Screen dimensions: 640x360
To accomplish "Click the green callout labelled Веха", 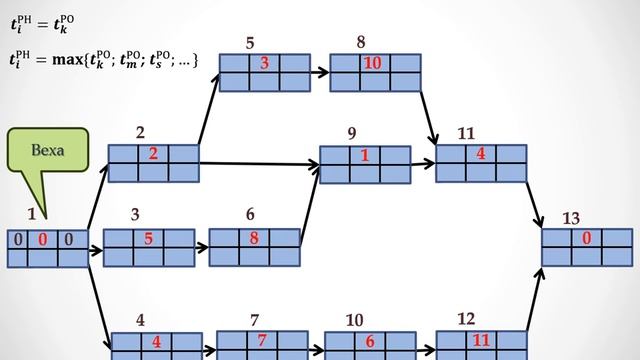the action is (x=48, y=150).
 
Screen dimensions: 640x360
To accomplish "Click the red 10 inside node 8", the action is (x=372, y=63).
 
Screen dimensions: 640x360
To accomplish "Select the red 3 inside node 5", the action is (x=264, y=63).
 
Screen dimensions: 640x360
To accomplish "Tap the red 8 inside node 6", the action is (x=254, y=238).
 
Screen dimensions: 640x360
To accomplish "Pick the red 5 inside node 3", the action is (x=149, y=238).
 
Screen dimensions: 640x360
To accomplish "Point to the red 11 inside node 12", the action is (x=481, y=340).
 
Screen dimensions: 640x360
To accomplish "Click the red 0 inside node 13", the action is (x=587, y=238).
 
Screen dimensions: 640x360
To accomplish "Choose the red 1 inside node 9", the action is (x=365, y=155).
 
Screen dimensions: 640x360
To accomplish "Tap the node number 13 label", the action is (x=571, y=218).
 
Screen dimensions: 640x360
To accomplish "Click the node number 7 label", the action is (x=254, y=320).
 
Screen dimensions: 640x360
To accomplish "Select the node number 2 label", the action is (x=140, y=133).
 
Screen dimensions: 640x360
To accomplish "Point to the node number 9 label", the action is (x=352, y=133).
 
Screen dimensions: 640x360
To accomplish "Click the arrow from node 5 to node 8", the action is (x=320, y=73).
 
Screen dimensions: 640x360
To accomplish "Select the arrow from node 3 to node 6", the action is (x=202, y=247).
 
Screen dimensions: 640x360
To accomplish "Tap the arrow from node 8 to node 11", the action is (x=429, y=118).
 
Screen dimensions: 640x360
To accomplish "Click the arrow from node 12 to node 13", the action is (x=535, y=299).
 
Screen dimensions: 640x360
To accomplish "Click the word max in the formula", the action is (x=67, y=60).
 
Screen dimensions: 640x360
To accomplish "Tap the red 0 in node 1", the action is (x=42, y=239).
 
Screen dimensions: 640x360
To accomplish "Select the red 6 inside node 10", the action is (x=370, y=341).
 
